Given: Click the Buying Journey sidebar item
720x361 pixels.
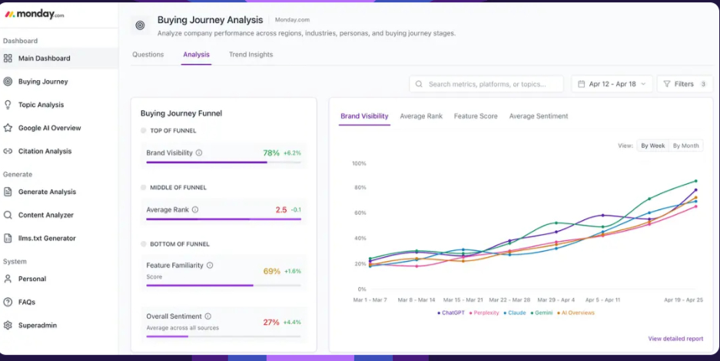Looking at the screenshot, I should [x=43, y=82].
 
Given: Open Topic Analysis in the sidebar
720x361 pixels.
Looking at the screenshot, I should [x=41, y=105].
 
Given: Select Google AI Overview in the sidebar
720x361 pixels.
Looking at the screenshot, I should [x=49, y=128].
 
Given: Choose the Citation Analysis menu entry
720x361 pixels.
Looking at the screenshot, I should [x=45, y=152].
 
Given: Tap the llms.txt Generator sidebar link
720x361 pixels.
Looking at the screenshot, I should [x=47, y=239].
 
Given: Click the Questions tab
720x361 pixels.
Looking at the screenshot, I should [x=148, y=55].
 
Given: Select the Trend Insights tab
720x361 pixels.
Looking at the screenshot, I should [x=251, y=55].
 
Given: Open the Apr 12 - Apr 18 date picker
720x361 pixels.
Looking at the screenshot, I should [x=612, y=84].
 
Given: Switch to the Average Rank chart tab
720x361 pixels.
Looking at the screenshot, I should [x=421, y=116].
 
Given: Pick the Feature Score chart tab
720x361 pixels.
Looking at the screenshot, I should [x=476, y=116].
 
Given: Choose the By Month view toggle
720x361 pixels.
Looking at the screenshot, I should [x=685, y=145].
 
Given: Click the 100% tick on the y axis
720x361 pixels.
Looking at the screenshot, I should [x=359, y=163].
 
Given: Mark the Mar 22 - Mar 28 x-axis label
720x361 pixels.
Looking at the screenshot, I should [x=509, y=299].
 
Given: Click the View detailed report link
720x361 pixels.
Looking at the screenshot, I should [x=675, y=339].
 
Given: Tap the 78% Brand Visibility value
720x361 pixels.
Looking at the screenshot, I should [x=271, y=153].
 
